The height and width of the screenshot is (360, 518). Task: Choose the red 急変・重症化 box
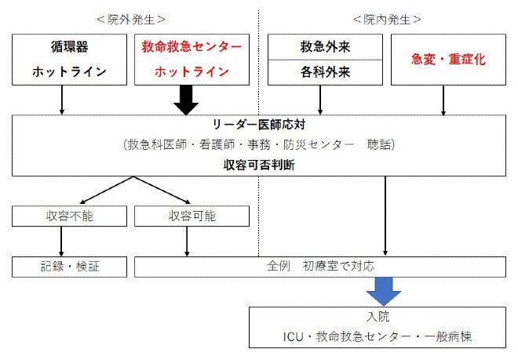[444, 59]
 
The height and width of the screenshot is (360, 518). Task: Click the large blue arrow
[385, 291]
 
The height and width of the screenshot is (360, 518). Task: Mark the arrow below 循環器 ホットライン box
[62, 100]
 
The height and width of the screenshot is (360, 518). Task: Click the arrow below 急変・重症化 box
[444, 100]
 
